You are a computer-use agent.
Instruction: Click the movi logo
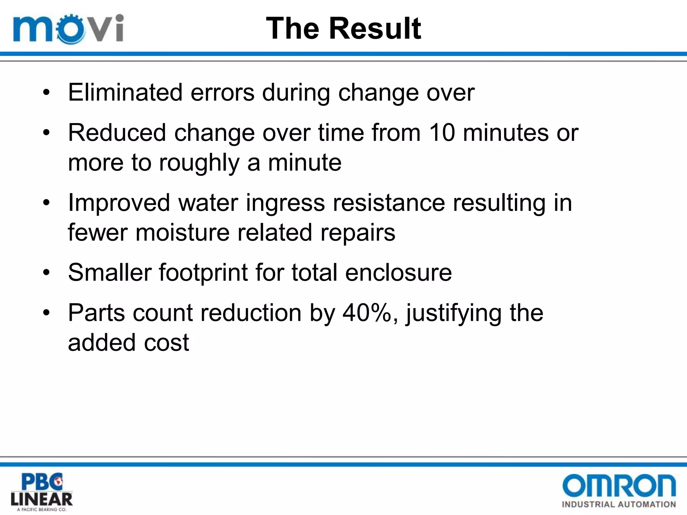68,29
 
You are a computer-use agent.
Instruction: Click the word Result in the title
375,28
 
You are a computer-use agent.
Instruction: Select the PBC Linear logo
42,492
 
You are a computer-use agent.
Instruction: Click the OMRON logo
619,485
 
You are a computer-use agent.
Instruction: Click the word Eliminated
125,93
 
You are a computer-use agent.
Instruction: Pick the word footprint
203,272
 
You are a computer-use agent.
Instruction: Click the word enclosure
399,272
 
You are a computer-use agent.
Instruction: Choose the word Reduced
117,133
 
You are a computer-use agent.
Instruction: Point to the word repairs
358,233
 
